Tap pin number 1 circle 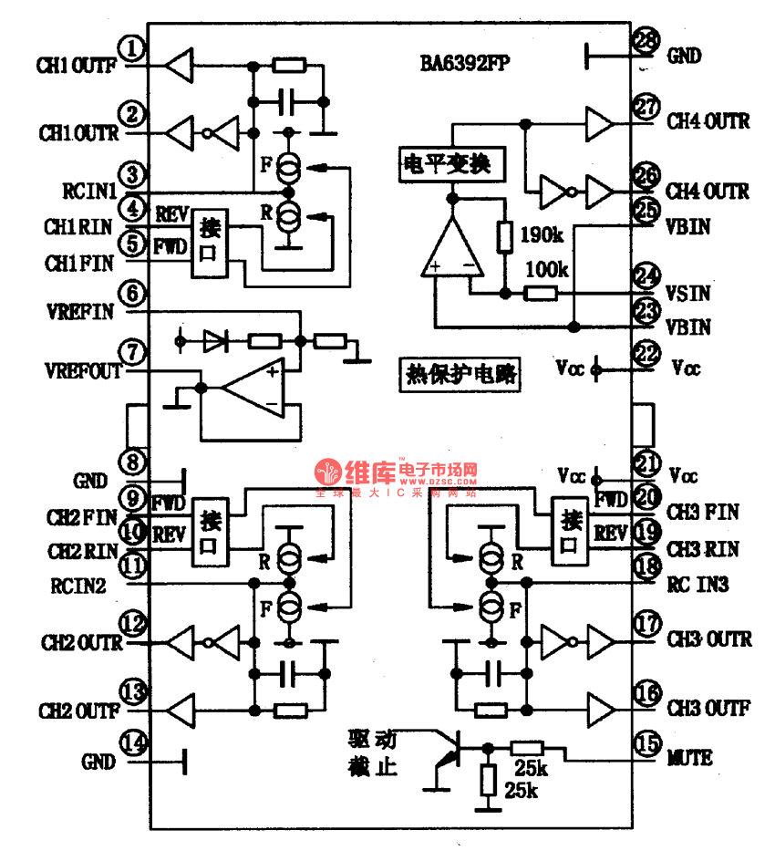point(135,47)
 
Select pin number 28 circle point(646,41)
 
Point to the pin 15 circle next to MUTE point(647,744)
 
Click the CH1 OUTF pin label point(76,66)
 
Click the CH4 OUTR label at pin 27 point(708,121)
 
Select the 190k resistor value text point(542,235)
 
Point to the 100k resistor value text point(547,271)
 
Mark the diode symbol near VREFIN point(215,341)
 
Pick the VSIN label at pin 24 point(688,295)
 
